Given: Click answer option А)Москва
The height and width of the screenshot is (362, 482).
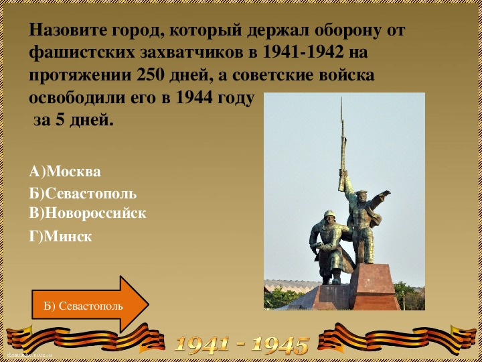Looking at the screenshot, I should pyautogui.click(x=65, y=172).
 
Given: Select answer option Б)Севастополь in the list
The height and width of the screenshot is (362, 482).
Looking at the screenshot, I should pyautogui.click(x=83, y=194).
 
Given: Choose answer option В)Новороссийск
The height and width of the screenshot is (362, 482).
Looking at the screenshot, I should pyautogui.click(x=88, y=213).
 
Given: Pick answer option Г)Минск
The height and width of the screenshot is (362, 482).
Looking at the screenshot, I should pyautogui.click(x=60, y=237).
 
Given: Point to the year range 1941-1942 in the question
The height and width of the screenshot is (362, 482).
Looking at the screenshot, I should pyautogui.click(x=301, y=53).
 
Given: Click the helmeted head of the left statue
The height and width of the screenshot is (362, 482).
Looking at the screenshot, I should pyautogui.click(x=329, y=217).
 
